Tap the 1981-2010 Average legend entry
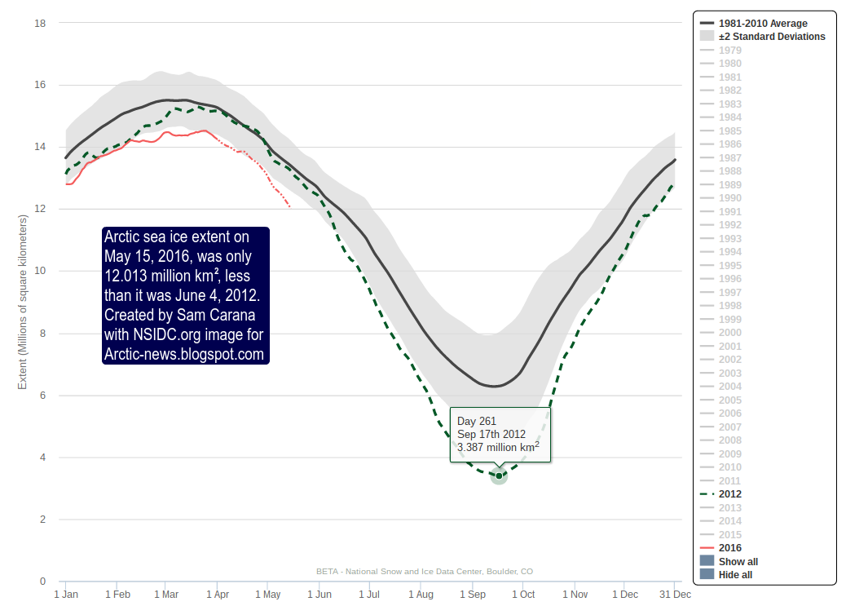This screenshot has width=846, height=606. [x=763, y=24]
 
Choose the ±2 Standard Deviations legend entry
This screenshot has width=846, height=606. [x=771, y=37]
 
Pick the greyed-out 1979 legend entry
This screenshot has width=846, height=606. [x=729, y=51]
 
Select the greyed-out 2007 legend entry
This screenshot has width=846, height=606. [x=729, y=427]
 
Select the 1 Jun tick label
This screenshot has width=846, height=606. [x=318, y=595]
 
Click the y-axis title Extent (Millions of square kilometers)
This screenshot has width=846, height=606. [x=23, y=302]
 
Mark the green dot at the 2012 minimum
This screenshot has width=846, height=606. [x=499, y=476]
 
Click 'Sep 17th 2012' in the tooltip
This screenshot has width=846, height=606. [x=491, y=434]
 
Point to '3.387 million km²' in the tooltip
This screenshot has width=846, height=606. [x=497, y=448]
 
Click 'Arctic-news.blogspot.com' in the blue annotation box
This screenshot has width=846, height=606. [x=184, y=354]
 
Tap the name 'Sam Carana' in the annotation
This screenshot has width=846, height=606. [x=222, y=316]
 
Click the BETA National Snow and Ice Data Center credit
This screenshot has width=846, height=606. [x=425, y=571]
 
